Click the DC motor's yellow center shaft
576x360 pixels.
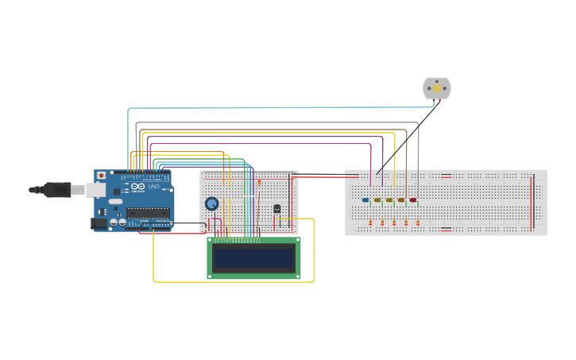436,89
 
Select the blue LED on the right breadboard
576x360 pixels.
365,200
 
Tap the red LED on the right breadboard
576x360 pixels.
412,200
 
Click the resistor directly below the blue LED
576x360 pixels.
371,223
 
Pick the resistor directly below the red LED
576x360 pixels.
418,223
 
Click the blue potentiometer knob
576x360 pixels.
212,204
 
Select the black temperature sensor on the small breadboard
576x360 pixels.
277,209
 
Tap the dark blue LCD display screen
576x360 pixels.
253,258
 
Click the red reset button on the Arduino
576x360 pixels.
101,176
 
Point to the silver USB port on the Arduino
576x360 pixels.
96,190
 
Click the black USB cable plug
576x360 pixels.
56,190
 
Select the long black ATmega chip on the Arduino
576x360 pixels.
148,212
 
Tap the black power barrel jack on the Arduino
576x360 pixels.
99,224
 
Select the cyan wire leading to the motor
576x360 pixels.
270,107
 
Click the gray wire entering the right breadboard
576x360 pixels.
418,159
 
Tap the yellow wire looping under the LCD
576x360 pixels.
230,281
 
